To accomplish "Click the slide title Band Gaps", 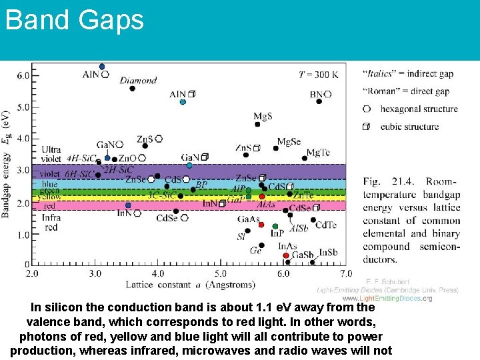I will (74, 20).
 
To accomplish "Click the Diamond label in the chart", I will (138, 81).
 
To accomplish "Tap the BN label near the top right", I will (317, 95).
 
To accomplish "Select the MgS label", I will (263, 117).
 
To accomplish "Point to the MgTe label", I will (318, 153).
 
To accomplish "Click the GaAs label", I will (249, 219).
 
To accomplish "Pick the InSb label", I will (327, 252).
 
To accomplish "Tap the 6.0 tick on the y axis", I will (23, 75).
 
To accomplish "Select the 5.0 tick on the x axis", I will (221, 273).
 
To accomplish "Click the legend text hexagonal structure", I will (419, 109).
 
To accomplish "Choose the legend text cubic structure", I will (409, 126).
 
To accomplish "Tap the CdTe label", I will (326, 225).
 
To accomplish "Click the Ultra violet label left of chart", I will (51, 155).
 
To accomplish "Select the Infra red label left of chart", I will (51, 222).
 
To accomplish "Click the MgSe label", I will (289, 142).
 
